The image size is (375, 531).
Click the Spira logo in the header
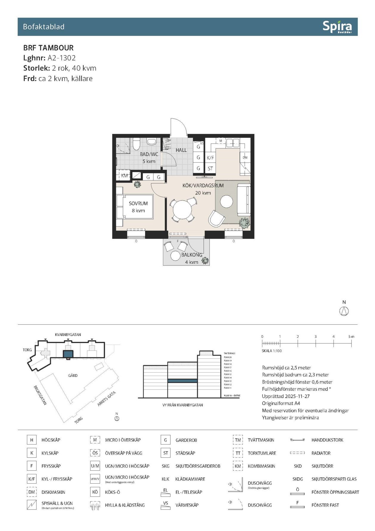[x=337, y=27]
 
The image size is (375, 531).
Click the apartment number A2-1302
[x=61, y=58]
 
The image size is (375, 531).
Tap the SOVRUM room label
[x=138, y=203]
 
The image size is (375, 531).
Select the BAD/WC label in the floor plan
[x=149, y=154]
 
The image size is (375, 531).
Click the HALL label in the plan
[x=181, y=150]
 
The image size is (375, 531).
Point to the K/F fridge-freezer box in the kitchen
[x=210, y=158]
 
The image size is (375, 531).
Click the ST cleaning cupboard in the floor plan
[x=210, y=169]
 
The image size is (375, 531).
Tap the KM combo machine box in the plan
[x=124, y=176]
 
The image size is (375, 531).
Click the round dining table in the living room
[x=183, y=210]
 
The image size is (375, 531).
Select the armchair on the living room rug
[x=217, y=219]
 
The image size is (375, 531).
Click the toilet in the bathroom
[x=136, y=144]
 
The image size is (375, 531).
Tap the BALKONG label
[x=192, y=255]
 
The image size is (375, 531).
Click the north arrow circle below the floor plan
[x=344, y=311]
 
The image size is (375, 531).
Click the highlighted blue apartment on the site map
[x=68, y=354]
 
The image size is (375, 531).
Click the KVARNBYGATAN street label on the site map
[x=68, y=335]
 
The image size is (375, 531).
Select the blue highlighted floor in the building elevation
[x=182, y=381]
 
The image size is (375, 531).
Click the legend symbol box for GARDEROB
[x=166, y=440]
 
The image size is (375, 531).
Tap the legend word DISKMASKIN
[x=53, y=492]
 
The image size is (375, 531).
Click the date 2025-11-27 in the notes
[x=297, y=396]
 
